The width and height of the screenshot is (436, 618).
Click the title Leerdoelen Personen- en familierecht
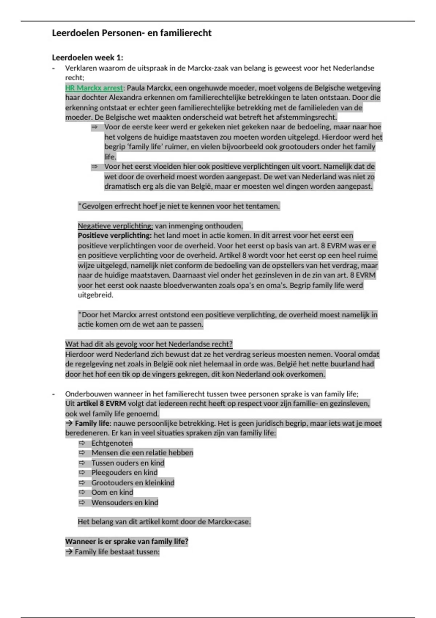coord(132,33)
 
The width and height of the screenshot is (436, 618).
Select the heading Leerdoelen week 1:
coord(88,57)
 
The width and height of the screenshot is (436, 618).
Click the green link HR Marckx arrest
coord(94,88)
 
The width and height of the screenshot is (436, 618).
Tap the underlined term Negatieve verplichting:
coord(115,226)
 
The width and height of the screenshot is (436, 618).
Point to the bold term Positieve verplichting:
coord(114,236)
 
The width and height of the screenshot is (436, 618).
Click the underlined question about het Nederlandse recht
coord(149,344)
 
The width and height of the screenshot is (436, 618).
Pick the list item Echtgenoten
coord(112,443)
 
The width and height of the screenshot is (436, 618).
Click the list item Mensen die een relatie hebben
coord(142,453)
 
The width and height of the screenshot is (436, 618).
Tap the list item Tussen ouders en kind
coord(128,463)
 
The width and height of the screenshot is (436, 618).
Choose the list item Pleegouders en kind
coord(124,473)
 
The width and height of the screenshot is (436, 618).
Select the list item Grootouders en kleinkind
coord(133,483)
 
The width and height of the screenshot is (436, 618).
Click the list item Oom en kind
coord(112,493)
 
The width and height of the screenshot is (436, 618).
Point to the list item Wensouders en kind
coord(125,503)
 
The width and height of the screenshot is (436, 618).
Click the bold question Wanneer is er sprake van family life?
coord(127,542)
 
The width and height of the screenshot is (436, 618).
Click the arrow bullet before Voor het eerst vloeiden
coord(95,166)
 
